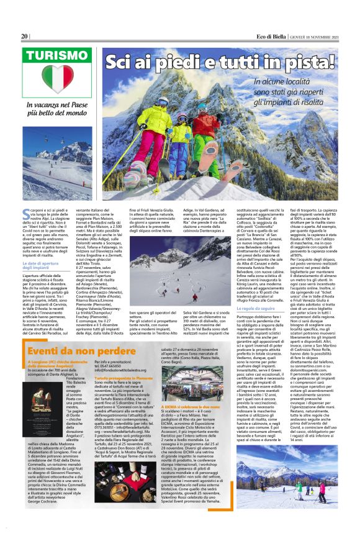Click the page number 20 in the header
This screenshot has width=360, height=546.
[x=25, y=37]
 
